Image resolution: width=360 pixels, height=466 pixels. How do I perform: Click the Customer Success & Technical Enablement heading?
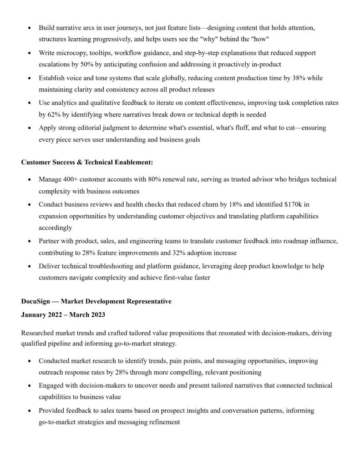pyautogui.click(x=87, y=162)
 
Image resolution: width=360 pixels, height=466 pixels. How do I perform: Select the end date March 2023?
pyautogui.click(x=91, y=314)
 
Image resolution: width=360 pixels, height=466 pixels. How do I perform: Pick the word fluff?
pyautogui.click(x=237, y=128)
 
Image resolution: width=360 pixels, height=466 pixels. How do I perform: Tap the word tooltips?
pyautogui.click(x=104, y=53)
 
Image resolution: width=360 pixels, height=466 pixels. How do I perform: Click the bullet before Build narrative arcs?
pyautogui.click(x=30, y=28)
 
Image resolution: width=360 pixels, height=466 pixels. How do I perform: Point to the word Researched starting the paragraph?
pyautogui.click(x=38, y=333)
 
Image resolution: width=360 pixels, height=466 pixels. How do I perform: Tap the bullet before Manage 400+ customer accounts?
pyautogui.click(x=30, y=180)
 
